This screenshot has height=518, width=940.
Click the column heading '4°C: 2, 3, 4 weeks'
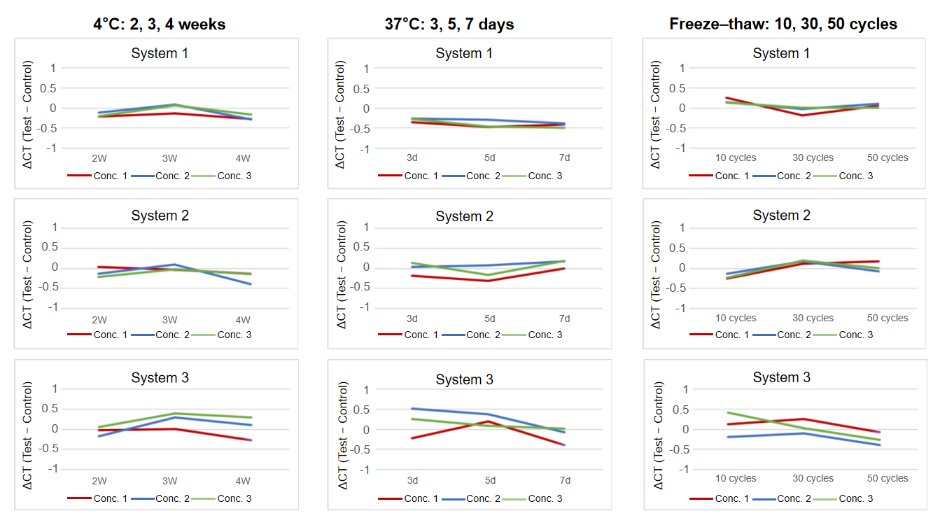[x=160, y=24]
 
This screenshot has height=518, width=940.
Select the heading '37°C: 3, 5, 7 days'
[x=449, y=24]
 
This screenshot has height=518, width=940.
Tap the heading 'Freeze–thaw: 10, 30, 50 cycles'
[x=783, y=24]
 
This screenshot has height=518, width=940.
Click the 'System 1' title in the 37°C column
[x=464, y=53]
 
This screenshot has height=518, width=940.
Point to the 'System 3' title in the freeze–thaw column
[x=781, y=377]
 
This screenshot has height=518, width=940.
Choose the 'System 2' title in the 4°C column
[x=160, y=216]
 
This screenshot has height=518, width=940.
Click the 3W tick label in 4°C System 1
[x=170, y=158]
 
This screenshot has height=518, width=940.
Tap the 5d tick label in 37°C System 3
[x=490, y=480]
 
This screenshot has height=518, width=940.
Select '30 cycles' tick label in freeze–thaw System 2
[x=813, y=318]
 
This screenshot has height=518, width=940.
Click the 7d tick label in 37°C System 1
[x=565, y=158]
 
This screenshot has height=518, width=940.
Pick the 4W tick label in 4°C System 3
[x=243, y=480]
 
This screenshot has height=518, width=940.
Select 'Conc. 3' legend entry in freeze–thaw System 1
[x=855, y=176]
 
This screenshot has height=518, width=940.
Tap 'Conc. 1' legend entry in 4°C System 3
[x=110, y=498]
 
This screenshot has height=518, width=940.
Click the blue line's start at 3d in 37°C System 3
[x=412, y=409]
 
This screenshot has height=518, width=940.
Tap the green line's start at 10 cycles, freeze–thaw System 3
[x=728, y=413]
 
